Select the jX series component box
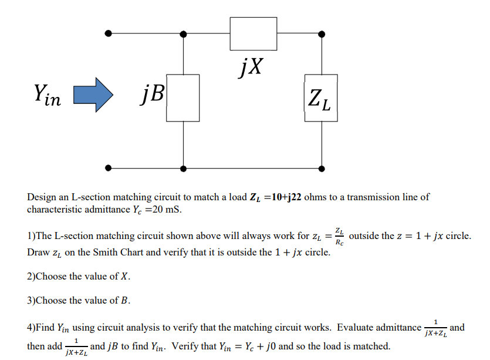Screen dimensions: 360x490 click(x=253, y=33)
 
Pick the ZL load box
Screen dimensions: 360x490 click(x=320, y=97)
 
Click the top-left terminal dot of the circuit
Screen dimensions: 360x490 click(x=107, y=33)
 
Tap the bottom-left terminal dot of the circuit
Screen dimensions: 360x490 click(x=107, y=169)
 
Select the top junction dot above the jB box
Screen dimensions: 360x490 click(x=184, y=33)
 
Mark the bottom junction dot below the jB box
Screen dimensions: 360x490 click(x=184, y=169)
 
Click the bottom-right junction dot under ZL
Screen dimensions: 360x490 click(x=320, y=169)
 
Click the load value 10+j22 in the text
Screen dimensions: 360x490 click(x=286, y=197)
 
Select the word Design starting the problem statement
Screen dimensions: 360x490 click(x=42, y=197)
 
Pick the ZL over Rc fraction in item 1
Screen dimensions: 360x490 click(x=339, y=236)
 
